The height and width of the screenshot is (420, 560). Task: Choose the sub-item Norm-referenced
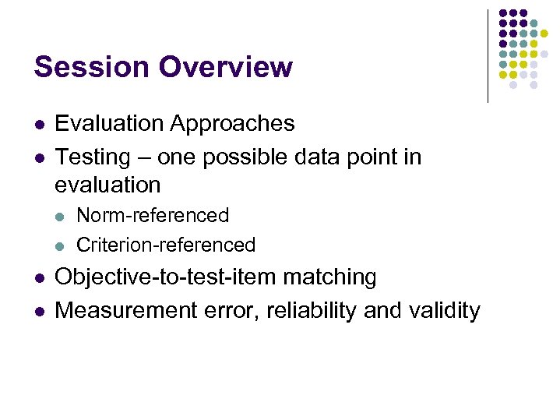pos(153,215)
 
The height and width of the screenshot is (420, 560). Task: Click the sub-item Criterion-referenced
pos(166,245)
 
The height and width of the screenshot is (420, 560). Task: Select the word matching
pos(330,277)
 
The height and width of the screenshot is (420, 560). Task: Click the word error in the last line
pos(231,310)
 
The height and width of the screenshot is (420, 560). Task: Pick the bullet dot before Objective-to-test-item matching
pos(38,278)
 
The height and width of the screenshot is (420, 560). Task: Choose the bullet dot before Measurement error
pos(38,312)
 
